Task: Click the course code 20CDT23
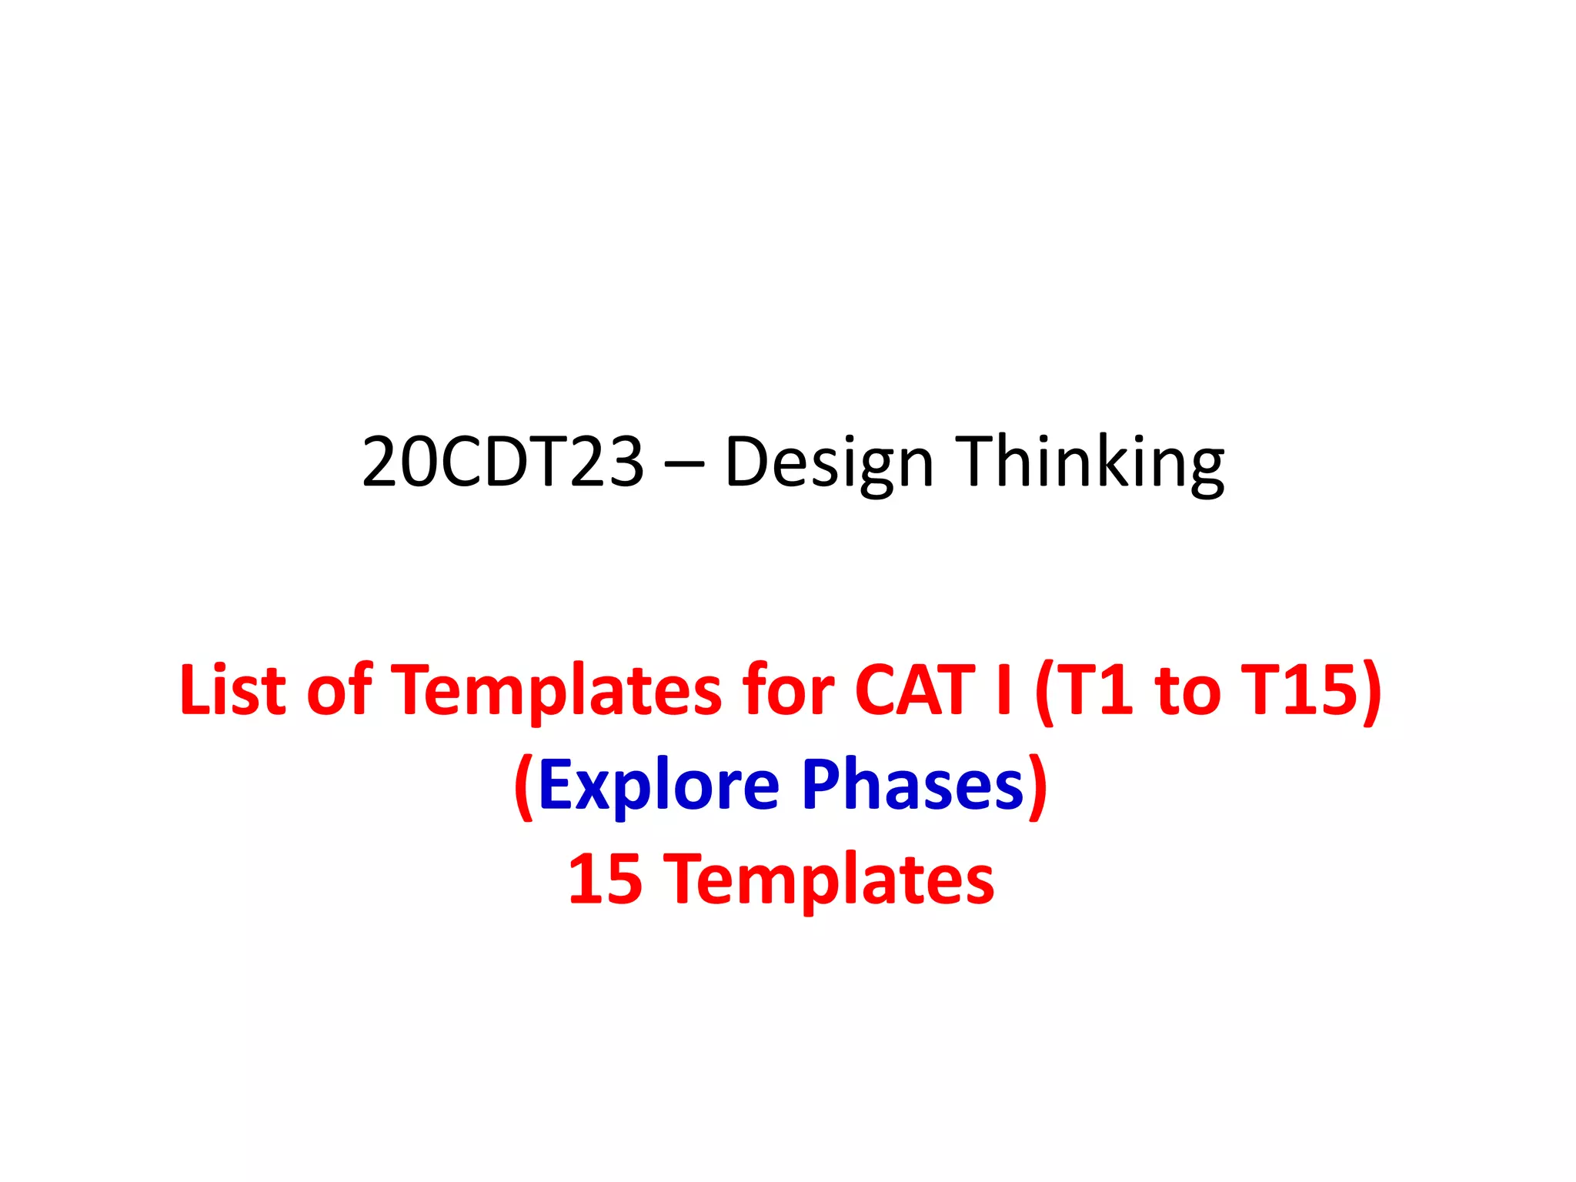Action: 503,461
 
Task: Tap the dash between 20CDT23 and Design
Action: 683,464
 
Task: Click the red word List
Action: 232,689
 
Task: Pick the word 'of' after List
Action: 339,689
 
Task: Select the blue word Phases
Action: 913,784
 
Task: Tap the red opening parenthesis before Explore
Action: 524,786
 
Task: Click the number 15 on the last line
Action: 605,879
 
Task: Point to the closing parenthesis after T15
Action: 1371,691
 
